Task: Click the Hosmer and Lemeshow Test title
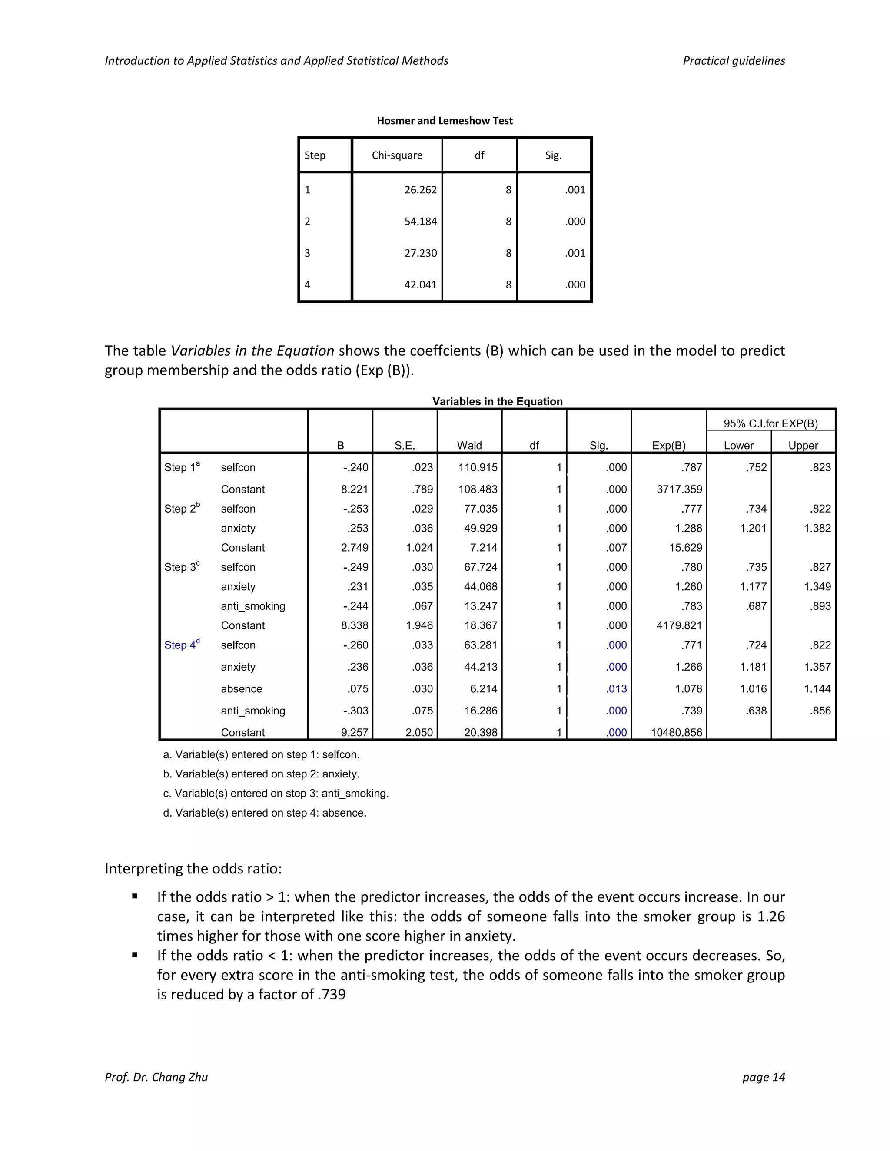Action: [x=445, y=121]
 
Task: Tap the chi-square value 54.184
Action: [x=420, y=222]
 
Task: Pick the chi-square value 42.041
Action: [x=420, y=284]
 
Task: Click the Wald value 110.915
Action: [x=478, y=467]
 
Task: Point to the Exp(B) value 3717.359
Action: [x=679, y=489]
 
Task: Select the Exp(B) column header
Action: [x=668, y=445]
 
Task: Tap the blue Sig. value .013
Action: [x=616, y=689]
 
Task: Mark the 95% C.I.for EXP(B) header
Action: [x=770, y=423]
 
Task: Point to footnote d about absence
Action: [x=264, y=813]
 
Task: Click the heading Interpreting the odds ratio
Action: [x=193, y=869]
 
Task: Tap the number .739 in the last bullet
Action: [x=331, y=995]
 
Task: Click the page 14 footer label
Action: [x=763, y=1077]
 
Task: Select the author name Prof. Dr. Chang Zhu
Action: [x=156, y=1077]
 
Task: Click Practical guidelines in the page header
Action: [x=734, y=61]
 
